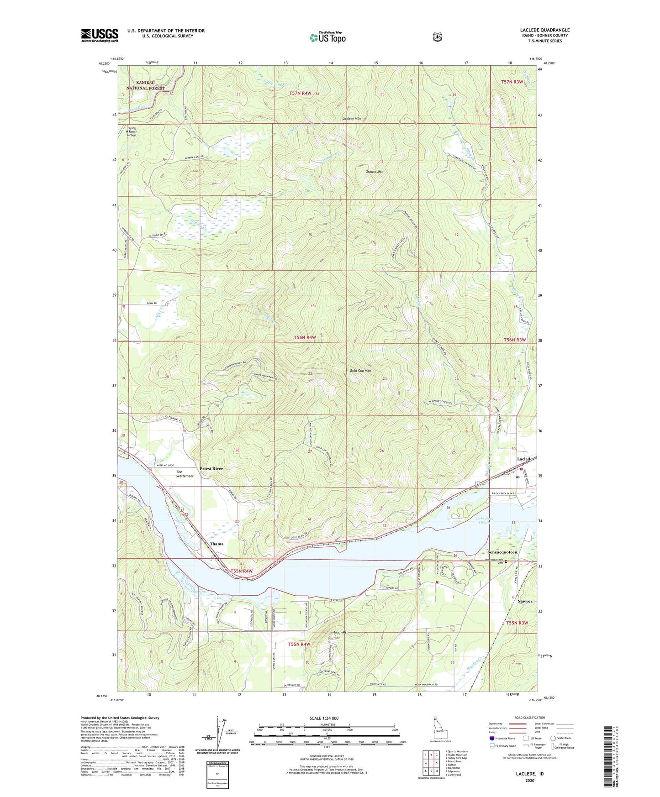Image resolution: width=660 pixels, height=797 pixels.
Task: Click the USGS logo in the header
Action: pyautogui.click(x=100, y=35)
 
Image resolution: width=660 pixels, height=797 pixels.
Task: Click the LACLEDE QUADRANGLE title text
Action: pyautogui.click(x=544, y=30)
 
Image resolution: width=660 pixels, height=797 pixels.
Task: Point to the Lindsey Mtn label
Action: pyautogui.click(x=351, y=118)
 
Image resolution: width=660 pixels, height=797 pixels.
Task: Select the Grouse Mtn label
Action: pyautogui.click(x=374, y=172)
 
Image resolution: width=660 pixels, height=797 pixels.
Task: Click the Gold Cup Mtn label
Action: pyautogui.click(x=360, y=371)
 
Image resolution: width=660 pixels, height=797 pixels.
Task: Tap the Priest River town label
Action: pyautogui.click(x=211, y=468)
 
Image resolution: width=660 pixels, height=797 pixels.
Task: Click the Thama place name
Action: pyautogui.click(x=216, y=544)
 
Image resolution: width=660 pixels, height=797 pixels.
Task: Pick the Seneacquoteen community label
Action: pyautogui.click(x=501, y=552)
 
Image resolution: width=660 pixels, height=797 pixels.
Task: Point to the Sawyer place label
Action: pyautogui.click(x=525, y=601)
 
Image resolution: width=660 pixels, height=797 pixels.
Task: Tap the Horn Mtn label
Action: pyautogui.click(x=341, y=632)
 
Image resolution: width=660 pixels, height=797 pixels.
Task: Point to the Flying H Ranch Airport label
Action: pyautogui.click(x=132, y=131)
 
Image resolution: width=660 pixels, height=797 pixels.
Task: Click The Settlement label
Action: pyautogui.click(x=185, y=474)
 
